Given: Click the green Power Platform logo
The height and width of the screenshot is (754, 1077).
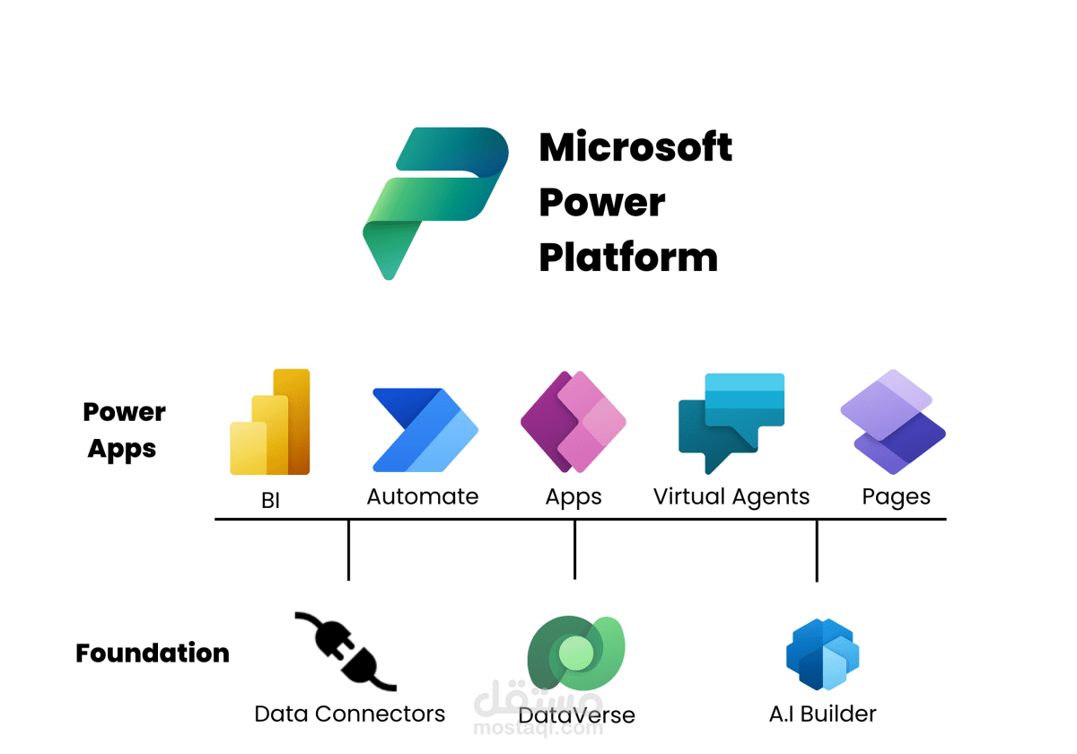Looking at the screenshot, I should (435, 202).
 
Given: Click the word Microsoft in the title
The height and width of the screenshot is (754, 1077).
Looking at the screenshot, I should (635, 147).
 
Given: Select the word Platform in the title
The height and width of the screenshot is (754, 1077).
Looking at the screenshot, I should (628, 258).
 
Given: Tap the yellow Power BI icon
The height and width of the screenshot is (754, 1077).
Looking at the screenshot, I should (270, 423).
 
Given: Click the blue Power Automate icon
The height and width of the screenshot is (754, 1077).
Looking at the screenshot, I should (425, 430).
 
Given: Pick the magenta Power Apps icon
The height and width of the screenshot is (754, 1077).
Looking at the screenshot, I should (574, 422).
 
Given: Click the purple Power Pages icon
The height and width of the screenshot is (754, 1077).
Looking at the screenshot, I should (893, 422).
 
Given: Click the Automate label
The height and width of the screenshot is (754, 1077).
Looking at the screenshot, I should (423, 496).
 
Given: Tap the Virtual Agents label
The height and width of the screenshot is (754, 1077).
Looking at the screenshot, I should (731, 496).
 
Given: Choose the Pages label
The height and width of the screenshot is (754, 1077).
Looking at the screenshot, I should (896, 497).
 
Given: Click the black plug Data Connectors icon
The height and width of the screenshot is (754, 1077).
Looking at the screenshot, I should (346, 651).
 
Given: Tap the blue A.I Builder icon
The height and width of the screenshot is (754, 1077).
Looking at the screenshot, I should (822, 655).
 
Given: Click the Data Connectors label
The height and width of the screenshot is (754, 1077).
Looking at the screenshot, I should (350, 714).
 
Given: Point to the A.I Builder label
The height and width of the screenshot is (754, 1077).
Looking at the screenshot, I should (822, 714).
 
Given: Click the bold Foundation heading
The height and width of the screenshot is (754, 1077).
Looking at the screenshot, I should (153, 653).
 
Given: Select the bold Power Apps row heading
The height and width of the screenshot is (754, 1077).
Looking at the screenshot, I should (124, 430).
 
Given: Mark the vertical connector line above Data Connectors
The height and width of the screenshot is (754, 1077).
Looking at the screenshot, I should (348, 549).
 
